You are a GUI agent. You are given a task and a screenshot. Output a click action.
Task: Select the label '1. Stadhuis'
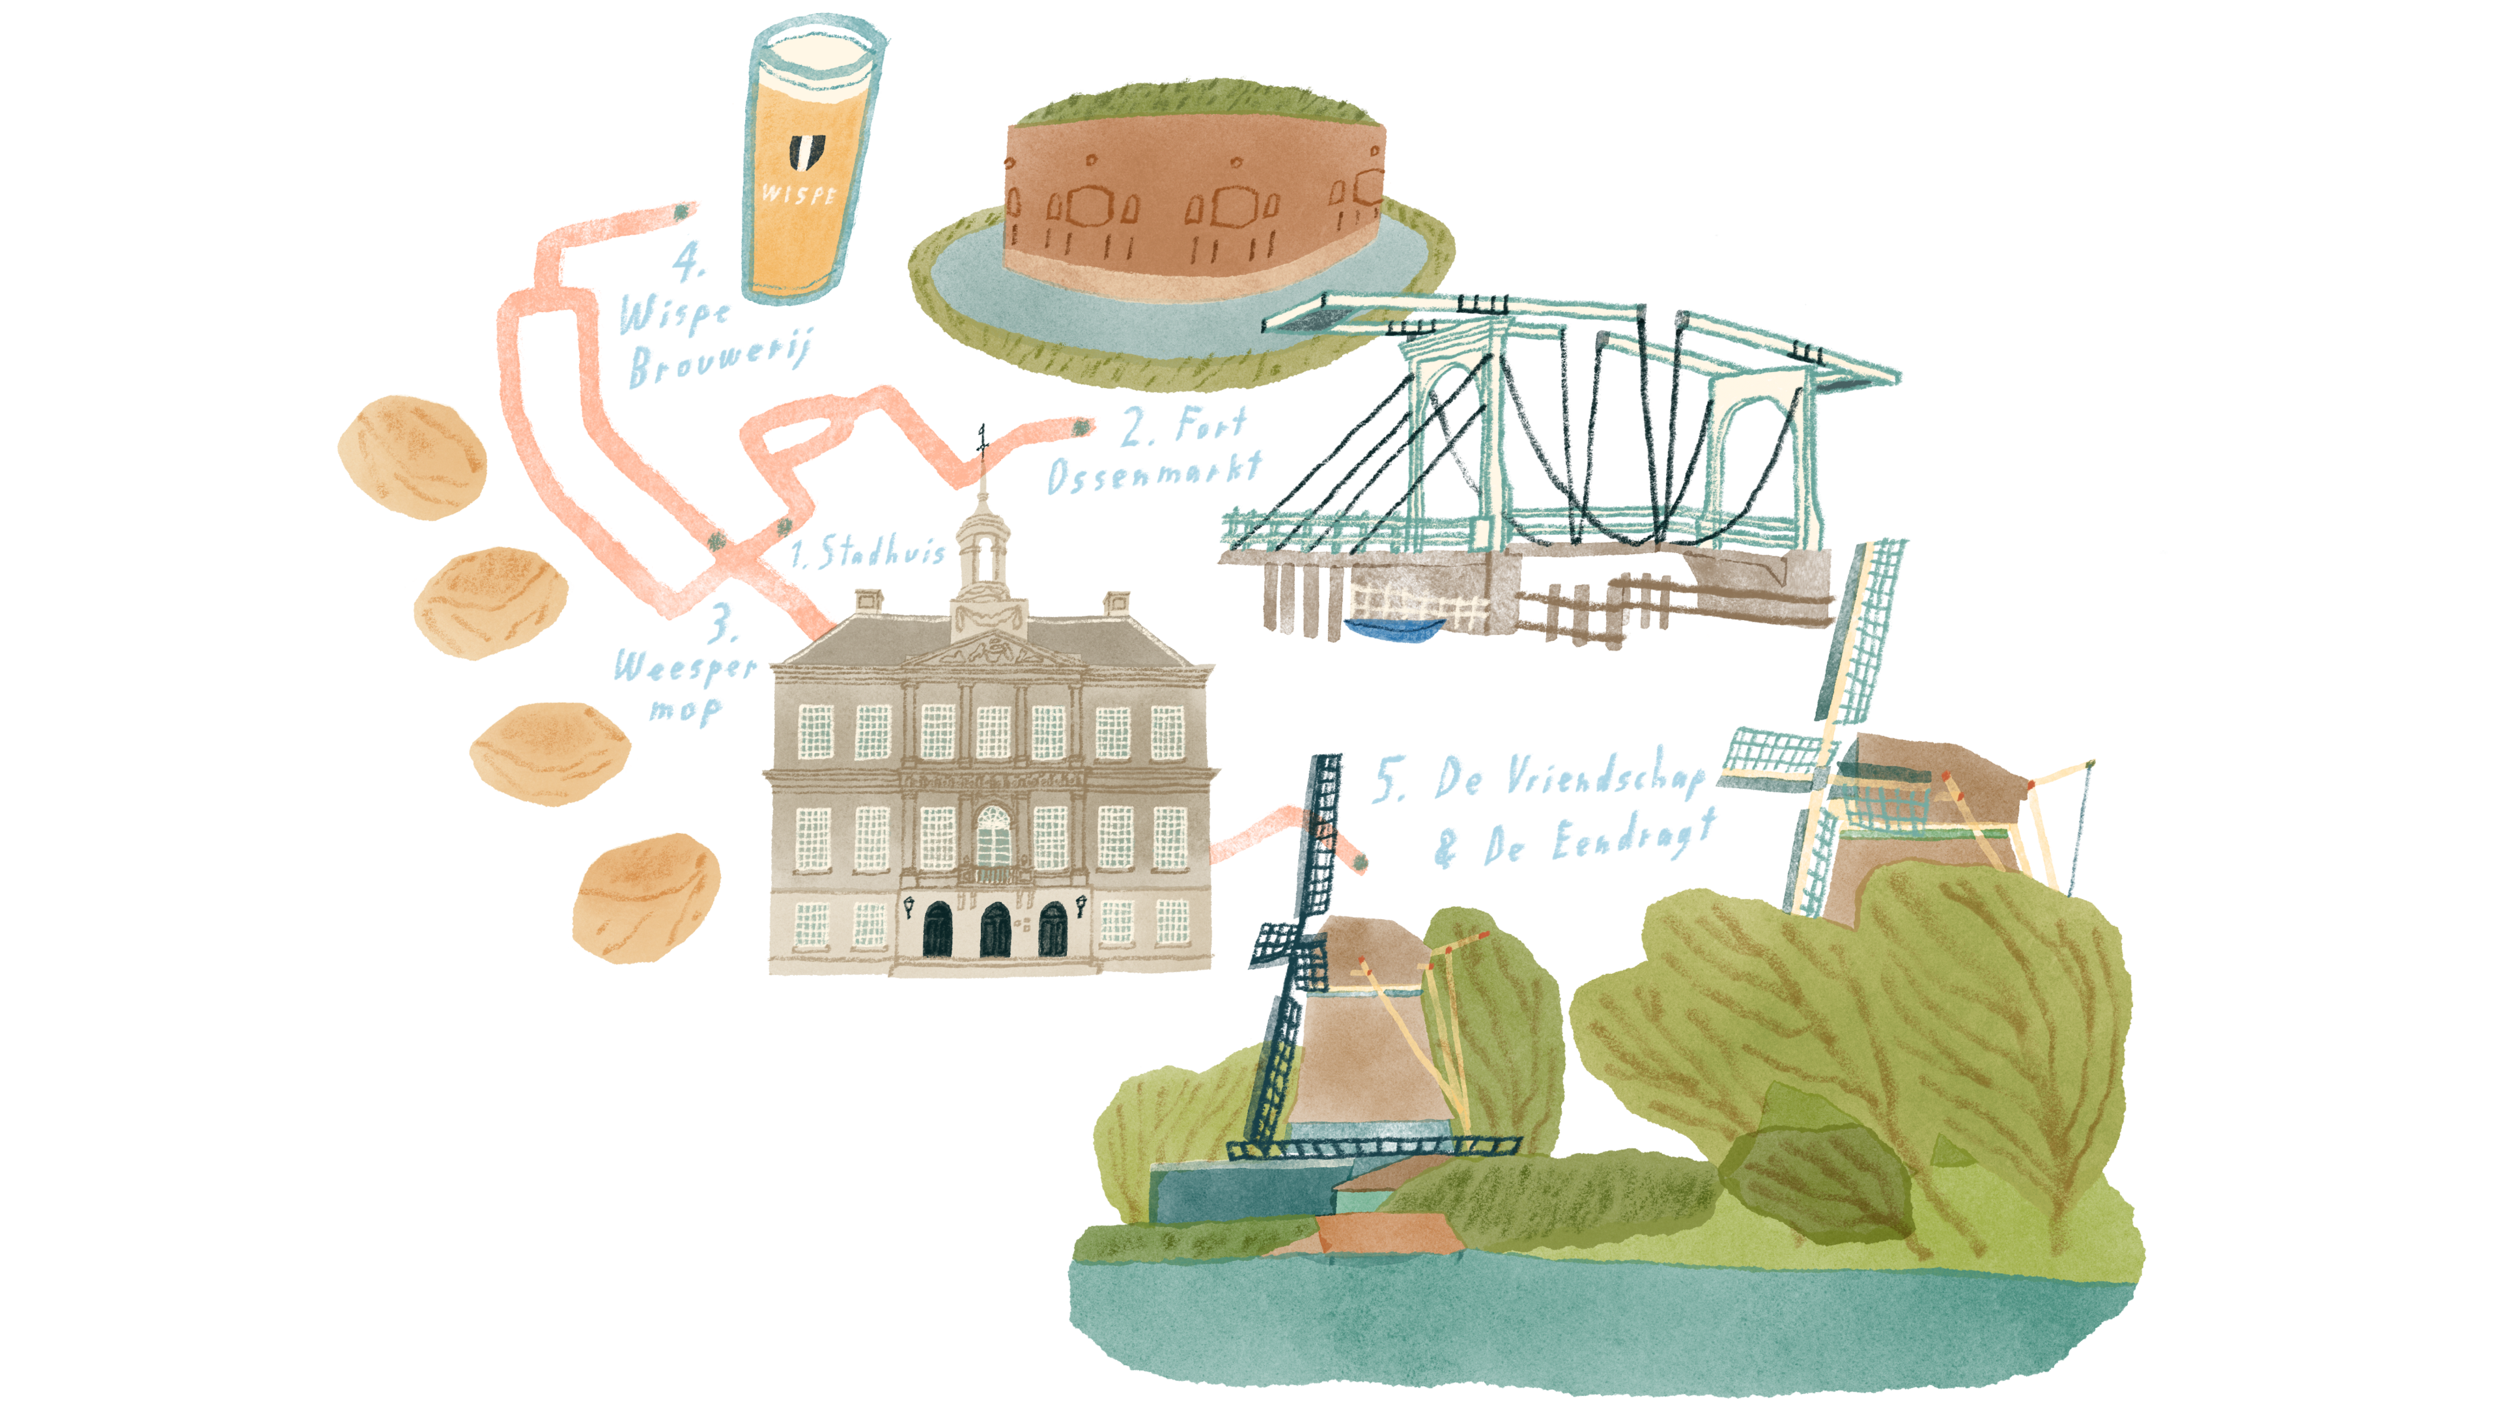pos(867,550)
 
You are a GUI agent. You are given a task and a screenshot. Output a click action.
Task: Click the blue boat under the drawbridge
pos(1392,629)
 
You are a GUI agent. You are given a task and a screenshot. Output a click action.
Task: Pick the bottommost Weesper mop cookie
pos(645,898)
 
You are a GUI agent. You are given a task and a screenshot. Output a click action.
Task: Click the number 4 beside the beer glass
pos(688,261)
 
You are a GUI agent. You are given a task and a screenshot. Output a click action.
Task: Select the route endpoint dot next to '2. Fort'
pos(1080,426)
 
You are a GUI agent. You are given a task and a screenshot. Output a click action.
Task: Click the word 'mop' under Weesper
pos(685,710)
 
